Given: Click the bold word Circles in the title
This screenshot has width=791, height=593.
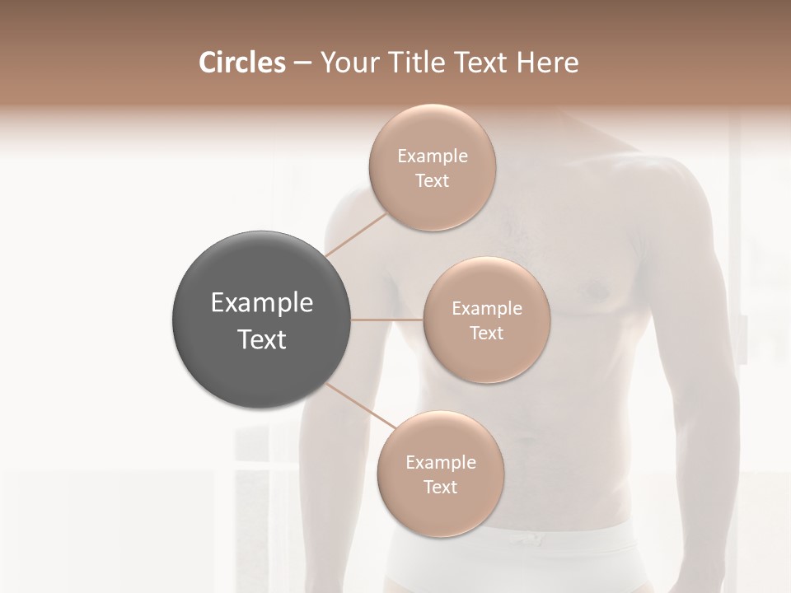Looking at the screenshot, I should pyautogui.click(x=242, y=63).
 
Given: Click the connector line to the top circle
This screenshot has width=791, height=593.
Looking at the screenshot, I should pyautogui.click(x=356, y=233).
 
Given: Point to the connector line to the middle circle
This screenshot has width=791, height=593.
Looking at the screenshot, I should pyautogui.click(x=387, y=320).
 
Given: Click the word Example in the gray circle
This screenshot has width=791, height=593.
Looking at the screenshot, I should pyautogui.click(x=262, y=303).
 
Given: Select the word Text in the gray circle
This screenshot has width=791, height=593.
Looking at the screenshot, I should pyautogui.click(x=262, y=339).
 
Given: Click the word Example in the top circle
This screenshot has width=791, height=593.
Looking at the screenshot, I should pyautogui.click(x=433, y=156).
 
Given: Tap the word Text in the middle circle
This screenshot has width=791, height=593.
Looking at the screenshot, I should pyautogui.click(x=486, y=333).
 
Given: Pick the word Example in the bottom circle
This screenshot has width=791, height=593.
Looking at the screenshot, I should pyautogui.click(x=440, y=463).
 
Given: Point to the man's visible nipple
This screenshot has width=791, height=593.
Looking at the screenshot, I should pyautogui.click(x=595, y=289).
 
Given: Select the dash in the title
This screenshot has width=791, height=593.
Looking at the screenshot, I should pyautogui.click(x=302, y=63).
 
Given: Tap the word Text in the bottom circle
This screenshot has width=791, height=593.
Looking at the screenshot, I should pyautogui.click(x=440, y=488).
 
